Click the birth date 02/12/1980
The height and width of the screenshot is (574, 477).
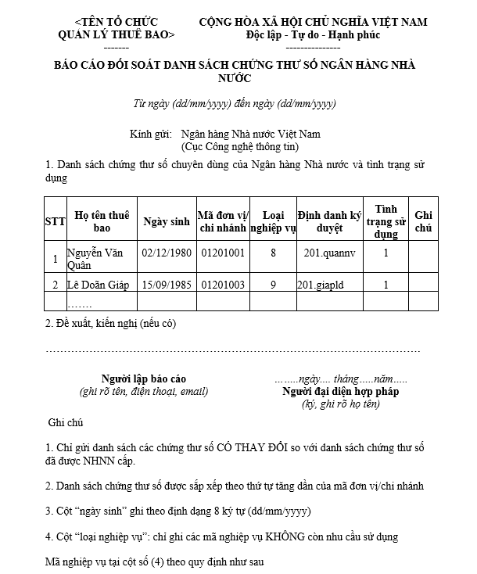point(167,253)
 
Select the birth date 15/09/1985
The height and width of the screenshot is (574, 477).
point(167,285)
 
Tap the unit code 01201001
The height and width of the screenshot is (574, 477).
point(223,253)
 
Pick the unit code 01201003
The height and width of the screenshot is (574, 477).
point(223,285)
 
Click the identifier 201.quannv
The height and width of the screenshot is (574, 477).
point(329,253)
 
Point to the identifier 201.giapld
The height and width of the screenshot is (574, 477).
point(321,285)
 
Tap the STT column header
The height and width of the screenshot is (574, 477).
point(55,221)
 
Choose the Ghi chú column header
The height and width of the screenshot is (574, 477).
point(423,221)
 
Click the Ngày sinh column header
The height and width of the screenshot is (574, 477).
point(167,221)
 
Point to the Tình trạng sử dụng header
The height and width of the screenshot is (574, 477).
point(386,221)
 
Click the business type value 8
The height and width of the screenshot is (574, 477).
point(273,253)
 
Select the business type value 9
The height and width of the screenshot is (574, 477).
point(273,285)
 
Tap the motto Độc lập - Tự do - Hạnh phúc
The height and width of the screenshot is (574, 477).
point(313,35)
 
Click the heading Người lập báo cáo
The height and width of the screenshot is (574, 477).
point(144,379)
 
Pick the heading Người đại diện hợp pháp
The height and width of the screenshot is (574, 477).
point(341,391)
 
